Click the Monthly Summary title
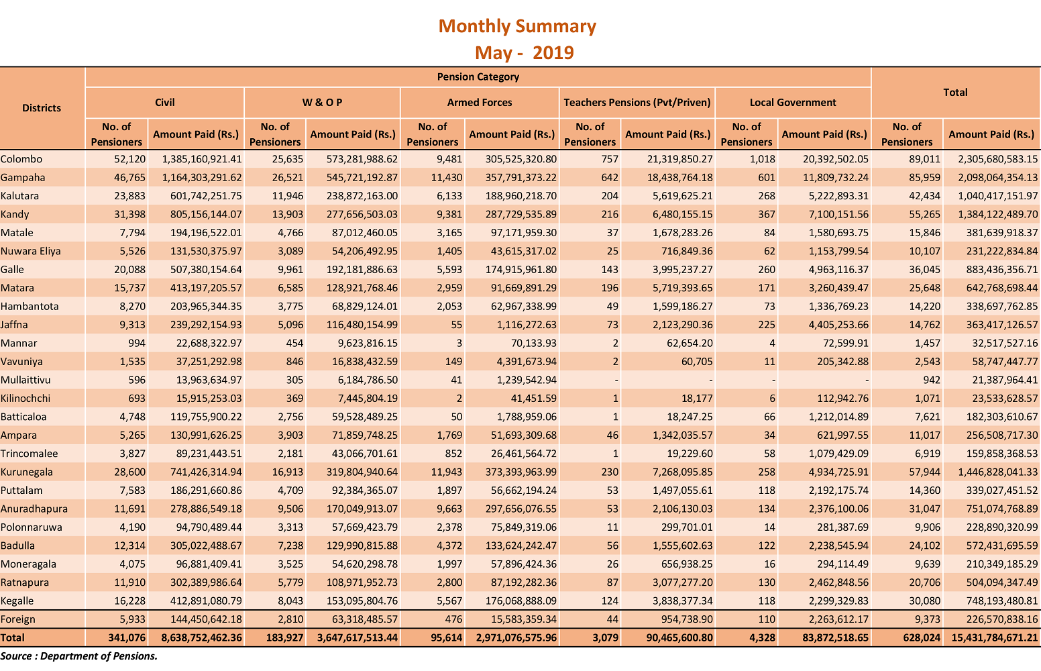(x=516, y=27)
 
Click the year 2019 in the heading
(x=553, y=53)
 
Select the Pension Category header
(x=478, y=76)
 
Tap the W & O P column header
(x=322, y=102)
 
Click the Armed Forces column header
(x=479, y=102)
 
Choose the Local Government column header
(x=792, y=102)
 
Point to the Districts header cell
(x=42, y=108)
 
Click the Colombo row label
(x=21, y=159)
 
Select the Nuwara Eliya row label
(x=31, y=251)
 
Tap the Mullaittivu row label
(x=25, y=380)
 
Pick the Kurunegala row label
(x=26, y=472)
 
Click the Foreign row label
(x=17, y=619)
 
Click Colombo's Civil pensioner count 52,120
(x=129, y=159)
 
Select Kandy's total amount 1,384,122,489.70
(x=998, y=214)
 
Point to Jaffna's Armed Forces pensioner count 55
(x=456, y=325)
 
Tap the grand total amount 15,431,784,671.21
(x=995, y=637)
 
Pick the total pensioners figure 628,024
(x=922, y=637)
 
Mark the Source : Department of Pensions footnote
(x=78, y=656)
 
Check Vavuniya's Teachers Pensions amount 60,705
(x=697, y=361)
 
